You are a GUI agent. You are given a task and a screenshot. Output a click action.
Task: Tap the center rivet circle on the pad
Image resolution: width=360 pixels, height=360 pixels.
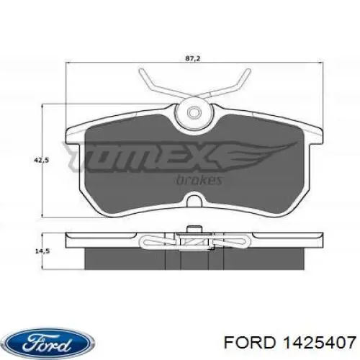click(192, 113)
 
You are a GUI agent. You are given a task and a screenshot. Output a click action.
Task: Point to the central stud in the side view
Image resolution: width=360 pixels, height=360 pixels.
click(192, 233)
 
